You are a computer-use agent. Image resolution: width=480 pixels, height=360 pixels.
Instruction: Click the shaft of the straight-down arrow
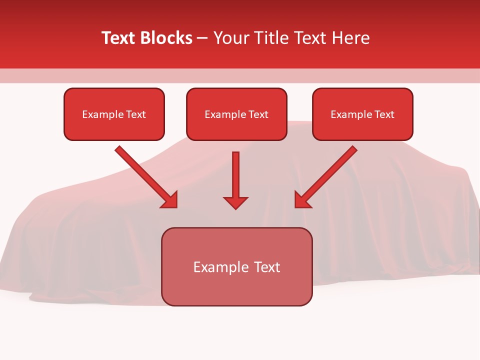[x=235, y=172]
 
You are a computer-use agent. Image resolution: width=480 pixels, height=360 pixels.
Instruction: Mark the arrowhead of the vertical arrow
[x=235, y=202]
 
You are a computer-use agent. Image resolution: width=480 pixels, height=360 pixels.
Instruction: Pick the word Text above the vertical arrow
[x=258, y=114]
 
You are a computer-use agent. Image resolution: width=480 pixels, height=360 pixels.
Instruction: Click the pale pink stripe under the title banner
[x=240, y=75]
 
